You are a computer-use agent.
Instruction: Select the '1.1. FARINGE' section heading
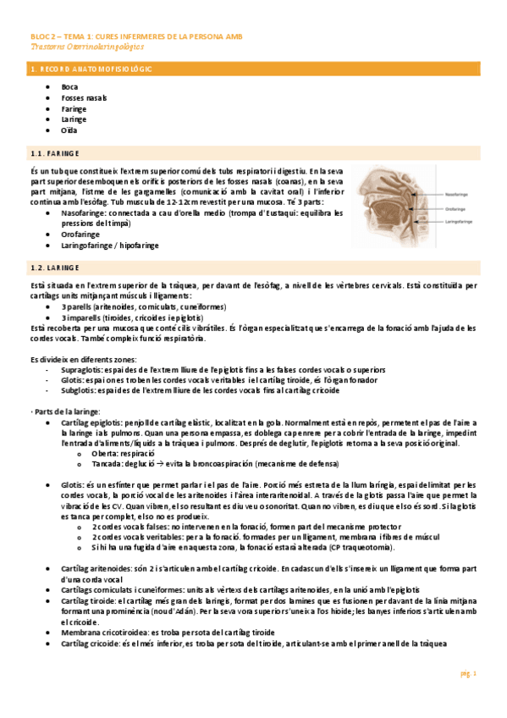(54, 153)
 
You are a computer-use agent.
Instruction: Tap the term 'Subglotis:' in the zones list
(80, 391)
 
